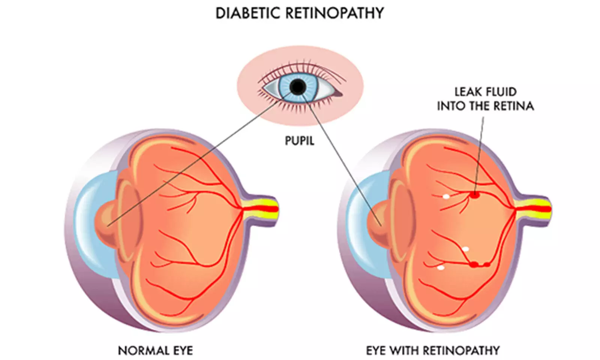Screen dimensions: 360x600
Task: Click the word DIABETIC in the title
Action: tap(249, 13)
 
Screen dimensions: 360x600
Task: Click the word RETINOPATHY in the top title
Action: tap(334, 13)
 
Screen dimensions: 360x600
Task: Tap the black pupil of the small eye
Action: tap(298, 87)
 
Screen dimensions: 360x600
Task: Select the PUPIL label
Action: tap(299, 141)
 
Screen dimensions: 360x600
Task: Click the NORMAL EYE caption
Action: tap(156, 351)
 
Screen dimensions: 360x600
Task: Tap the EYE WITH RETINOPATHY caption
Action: tap(433, 351)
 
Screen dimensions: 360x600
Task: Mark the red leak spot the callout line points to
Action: tap(474, 195)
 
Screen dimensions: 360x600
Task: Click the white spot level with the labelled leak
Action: tap(446, 196)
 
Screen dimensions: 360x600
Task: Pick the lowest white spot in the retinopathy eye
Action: tap(441, 268)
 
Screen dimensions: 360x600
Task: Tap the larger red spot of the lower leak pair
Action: tap(474, 264)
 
